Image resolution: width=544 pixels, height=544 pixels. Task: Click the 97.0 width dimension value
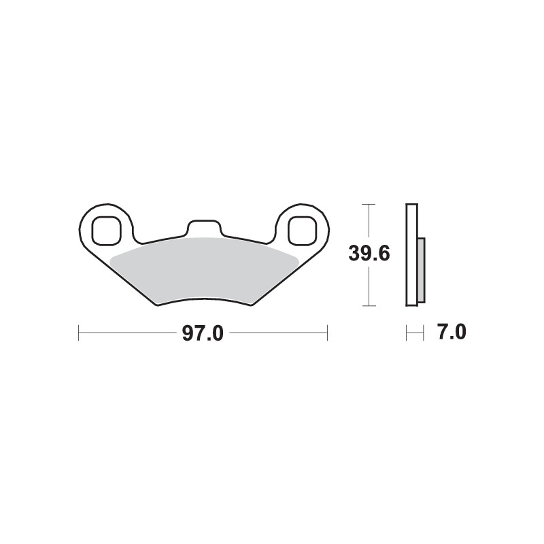click(203, 334)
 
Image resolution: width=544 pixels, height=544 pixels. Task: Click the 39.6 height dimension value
click(369, 254)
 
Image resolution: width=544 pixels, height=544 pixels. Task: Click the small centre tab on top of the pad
click(203, 228)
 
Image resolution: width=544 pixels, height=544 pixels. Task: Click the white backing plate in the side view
click(411, 254)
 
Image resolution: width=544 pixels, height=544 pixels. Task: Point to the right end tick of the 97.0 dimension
click(328, 333)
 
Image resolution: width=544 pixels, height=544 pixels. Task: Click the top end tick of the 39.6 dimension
click(369, 204)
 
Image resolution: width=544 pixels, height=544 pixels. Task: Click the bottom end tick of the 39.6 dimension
click(369, 306)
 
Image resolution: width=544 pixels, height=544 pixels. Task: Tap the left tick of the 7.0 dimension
click(407, 333)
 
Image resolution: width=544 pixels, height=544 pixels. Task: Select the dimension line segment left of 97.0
click(129, 333)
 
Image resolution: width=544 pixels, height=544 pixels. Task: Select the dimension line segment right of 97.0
click(279, 333)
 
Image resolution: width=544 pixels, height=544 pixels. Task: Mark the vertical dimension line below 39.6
click(369, 286)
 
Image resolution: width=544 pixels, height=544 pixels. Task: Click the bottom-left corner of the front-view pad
click(158, 305)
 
